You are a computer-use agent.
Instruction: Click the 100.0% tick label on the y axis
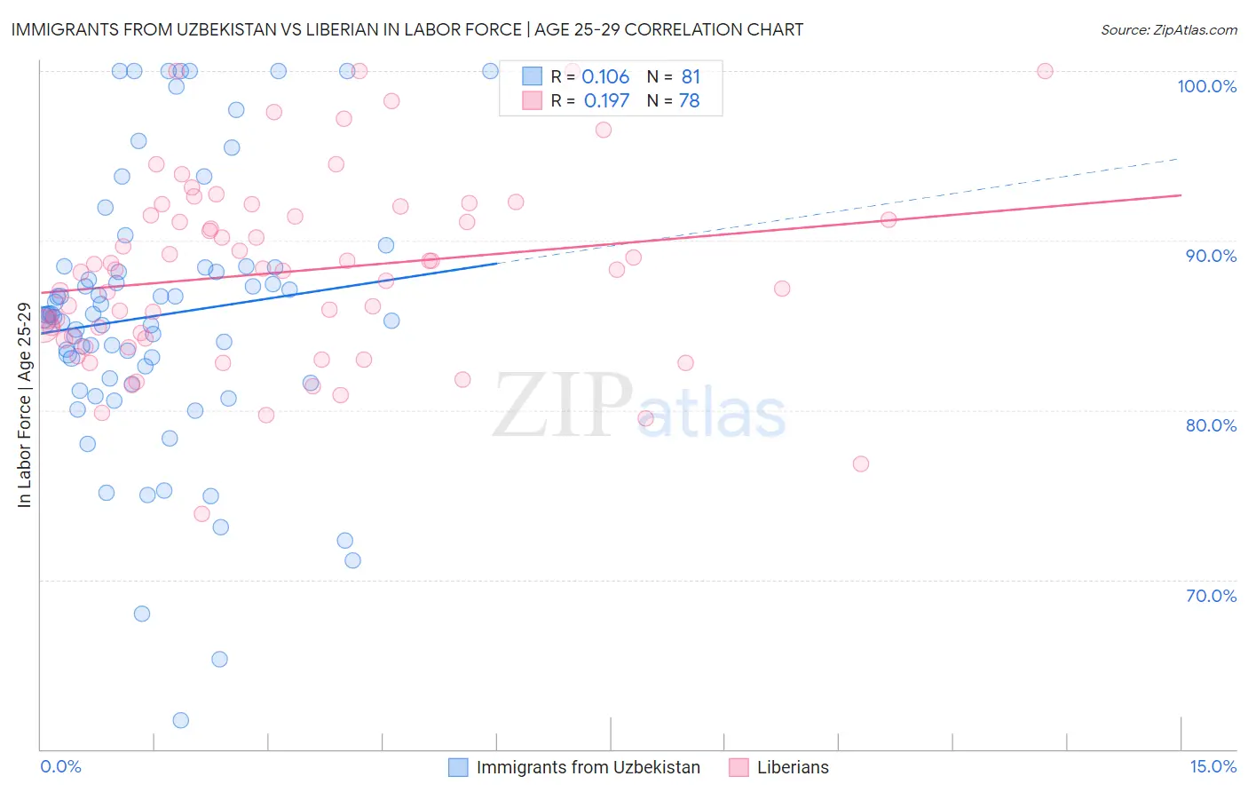point(1206,86)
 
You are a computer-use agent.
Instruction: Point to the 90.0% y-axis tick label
point(1211,256)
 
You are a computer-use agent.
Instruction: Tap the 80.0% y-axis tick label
point(1211,425)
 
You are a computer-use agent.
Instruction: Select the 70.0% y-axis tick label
point(1211,596)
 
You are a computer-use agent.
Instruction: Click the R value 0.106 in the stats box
point(605,77)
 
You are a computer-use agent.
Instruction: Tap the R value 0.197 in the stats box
point(606,101)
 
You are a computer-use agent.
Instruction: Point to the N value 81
point(691,77)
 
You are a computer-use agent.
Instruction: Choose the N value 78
point(690,101)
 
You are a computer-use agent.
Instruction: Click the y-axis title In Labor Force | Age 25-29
point(25,406)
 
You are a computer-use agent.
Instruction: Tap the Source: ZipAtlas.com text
point(1168,30)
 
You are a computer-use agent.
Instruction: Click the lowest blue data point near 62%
point(181,720)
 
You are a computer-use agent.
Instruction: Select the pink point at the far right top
point(1045,71)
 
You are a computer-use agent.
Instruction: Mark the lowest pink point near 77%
point(860,463)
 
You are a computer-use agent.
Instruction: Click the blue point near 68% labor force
point(142,614)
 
